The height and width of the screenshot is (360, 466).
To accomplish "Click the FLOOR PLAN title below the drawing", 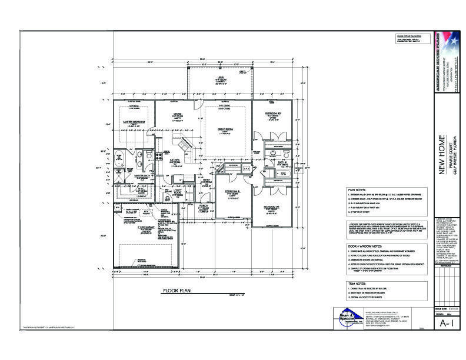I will [x=178, y=291].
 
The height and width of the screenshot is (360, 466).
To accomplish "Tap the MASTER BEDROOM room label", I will [x=134, y=122].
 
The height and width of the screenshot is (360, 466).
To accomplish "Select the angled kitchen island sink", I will [x=181, y=143].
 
